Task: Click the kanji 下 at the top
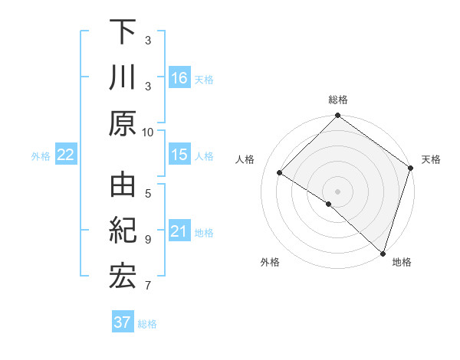click(x=123, y=31)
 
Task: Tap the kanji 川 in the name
click(x=123, y=78)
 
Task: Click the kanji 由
click(x=123, y=186)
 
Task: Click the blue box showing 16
click(x=179, y=78)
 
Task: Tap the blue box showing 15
click(x=179, y=155)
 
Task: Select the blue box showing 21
click(x=179, y=232)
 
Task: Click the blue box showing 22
click(x=66, y=155)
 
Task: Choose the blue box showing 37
click(x=123, y=322)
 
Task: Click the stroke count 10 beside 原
click(x=148, y=132)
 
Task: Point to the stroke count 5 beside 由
click(x=148, y=192)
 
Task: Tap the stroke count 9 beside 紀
click(x=148, y=239)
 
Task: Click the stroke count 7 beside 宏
click(x=148, y=286)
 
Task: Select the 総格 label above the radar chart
click(x=338, y=100)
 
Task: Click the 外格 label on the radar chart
click(x=270, y=262)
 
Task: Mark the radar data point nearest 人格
click(x=280, y=172)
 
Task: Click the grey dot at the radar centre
click(x=337, y=191)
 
